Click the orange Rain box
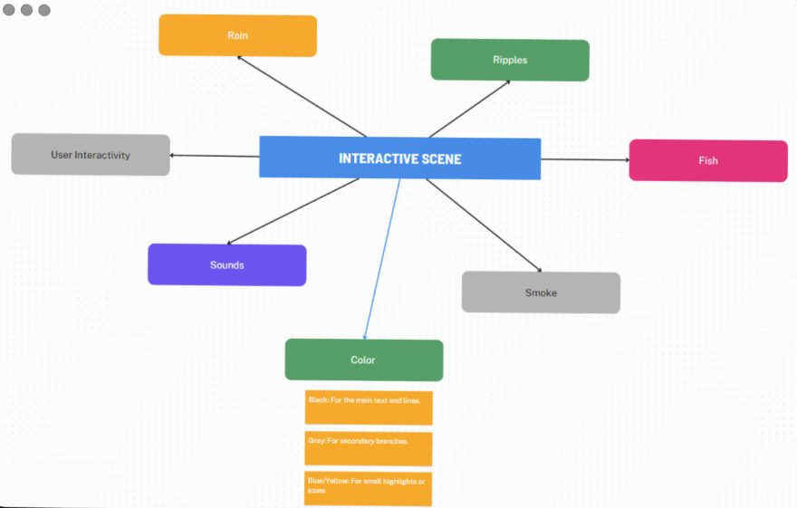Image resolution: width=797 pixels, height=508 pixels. (237, 36)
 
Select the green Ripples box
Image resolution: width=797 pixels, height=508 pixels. (510, 60)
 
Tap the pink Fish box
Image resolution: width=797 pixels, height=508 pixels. (707, 160)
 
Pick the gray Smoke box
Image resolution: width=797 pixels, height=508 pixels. (541, 292)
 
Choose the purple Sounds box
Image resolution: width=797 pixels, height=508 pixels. (226, 264)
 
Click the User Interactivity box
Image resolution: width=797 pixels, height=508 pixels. (91, 155)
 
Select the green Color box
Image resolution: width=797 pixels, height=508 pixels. (363, 359)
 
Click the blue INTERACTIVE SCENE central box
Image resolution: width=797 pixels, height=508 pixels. (399, 158)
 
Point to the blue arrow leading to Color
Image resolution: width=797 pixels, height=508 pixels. (381, 259)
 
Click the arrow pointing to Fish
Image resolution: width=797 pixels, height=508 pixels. (585, 159)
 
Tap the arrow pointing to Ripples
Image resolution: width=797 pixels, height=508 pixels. (469, 108)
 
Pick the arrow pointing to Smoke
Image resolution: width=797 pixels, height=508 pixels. (484, 225)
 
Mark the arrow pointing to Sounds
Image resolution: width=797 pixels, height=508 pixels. (293, 211)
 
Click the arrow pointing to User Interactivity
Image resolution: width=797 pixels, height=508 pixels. (215, 156)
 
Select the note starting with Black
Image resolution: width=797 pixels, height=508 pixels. (369, 407)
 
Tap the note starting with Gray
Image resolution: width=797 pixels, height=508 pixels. (369, 448)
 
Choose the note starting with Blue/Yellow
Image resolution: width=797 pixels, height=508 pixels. (368, 488)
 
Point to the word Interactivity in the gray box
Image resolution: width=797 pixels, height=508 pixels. (102, 155)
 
